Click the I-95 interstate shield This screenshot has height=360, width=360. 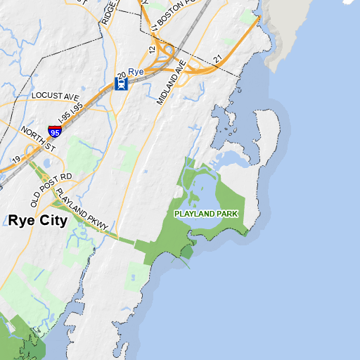54,130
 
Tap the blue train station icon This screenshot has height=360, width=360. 121,84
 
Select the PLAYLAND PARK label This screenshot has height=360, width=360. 207,213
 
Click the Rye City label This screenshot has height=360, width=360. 38,221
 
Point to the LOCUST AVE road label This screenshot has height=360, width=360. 57,95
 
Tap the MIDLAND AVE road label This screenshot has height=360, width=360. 172,83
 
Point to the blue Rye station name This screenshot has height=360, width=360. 136,72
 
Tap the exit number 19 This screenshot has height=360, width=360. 15,160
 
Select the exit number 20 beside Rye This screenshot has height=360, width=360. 122,73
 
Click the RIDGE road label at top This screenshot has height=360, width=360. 106,12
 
